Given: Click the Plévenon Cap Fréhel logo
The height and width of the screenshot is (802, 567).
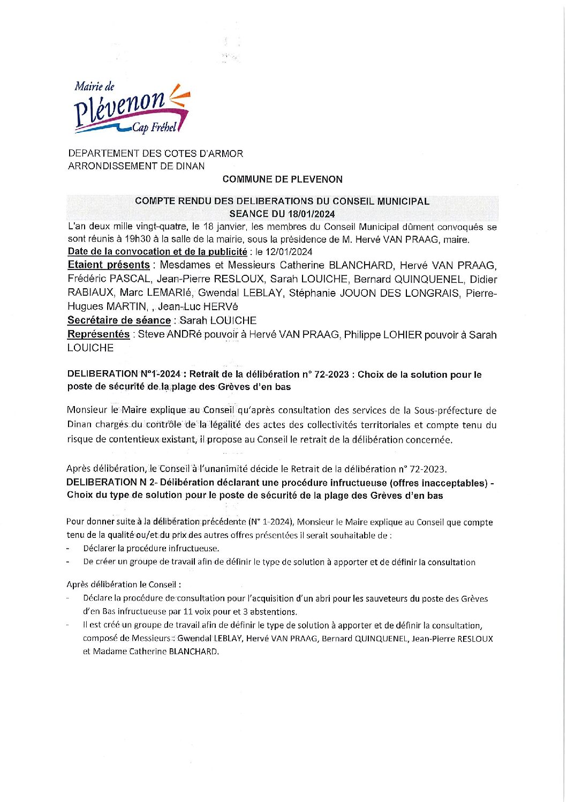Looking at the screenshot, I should coord(131,108).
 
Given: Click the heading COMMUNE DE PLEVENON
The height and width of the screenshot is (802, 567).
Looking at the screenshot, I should coord(282,179).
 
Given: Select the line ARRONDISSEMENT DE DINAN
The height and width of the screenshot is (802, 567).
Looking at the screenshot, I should coord(136,166).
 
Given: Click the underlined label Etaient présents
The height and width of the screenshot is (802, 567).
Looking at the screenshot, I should coord(109,265).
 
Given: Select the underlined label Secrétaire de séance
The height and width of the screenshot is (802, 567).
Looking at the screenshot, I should coord(119,320).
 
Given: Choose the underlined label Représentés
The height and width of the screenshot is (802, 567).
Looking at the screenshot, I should coord(99,334).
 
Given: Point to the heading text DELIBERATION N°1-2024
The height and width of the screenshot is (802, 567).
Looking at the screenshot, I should coord(124,374).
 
